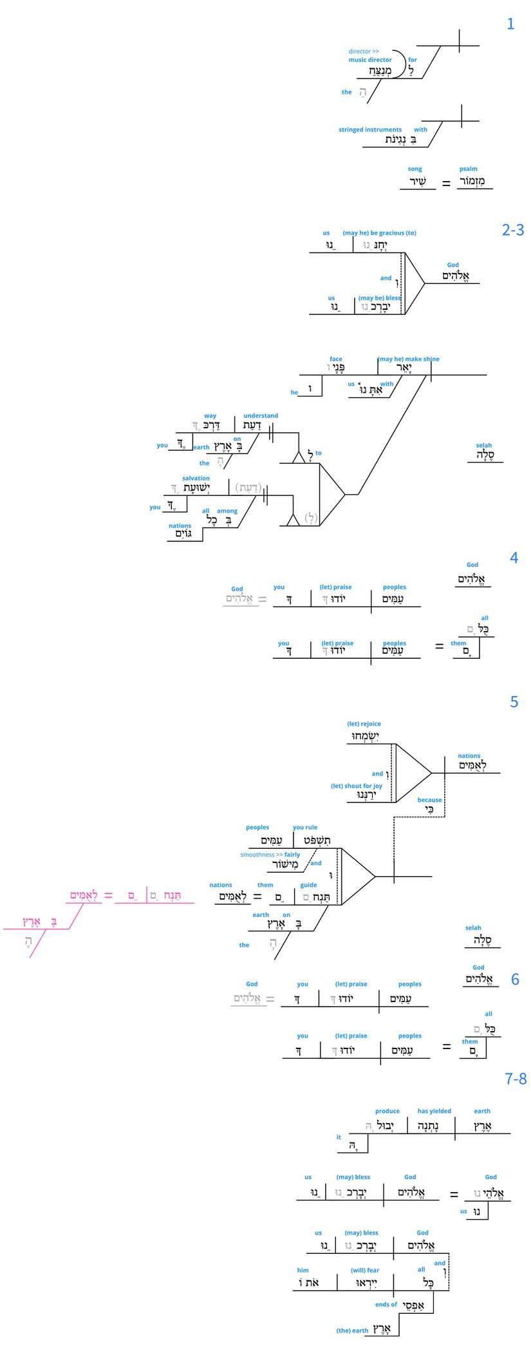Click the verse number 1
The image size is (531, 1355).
510,24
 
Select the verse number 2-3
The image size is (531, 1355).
512,230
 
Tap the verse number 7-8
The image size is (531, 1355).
515,1079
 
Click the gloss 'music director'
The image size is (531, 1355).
370,60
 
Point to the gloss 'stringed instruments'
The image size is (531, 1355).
370,130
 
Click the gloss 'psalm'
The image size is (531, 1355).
469,169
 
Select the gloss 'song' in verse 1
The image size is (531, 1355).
415,169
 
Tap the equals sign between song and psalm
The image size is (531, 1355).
446,184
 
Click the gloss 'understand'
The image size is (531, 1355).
261,416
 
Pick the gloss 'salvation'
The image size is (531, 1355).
196,479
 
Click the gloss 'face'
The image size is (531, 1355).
336,359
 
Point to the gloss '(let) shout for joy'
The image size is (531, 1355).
357,786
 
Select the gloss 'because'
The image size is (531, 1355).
429,800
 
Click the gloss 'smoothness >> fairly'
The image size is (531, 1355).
270,855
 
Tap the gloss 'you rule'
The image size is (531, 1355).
305,828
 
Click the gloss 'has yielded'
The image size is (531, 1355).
434,1111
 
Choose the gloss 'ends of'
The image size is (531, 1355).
386,1304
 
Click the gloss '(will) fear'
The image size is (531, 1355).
365,1271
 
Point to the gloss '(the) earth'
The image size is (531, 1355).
352,1331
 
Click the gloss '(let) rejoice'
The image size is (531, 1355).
364,724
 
